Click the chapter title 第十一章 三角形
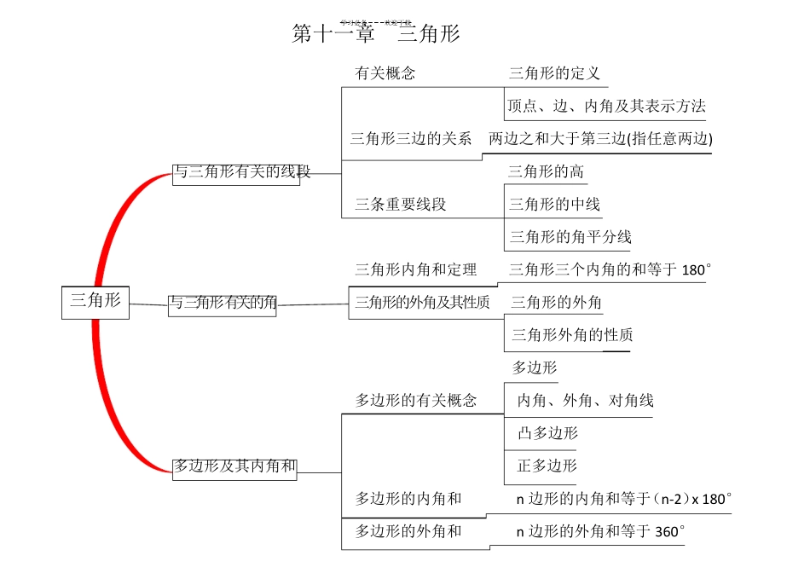click(376, 35)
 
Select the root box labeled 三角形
click(95, 300)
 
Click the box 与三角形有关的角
click(222, 303)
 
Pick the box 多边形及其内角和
click(234, 466)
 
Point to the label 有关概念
click(385, 73)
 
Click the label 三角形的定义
click(554, 73)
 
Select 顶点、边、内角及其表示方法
click(606, 107)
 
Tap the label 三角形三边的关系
click(411, 139)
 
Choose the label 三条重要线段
click(401, 205)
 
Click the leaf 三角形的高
click(547, 172)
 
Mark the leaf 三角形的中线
click(554, 205)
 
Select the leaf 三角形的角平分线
click(570, 237)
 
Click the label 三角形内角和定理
click(416, 270)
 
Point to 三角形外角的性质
click(572, 335)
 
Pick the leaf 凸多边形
click(547, 433)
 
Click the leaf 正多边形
click(547, 466)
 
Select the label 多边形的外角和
click(408, 531)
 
